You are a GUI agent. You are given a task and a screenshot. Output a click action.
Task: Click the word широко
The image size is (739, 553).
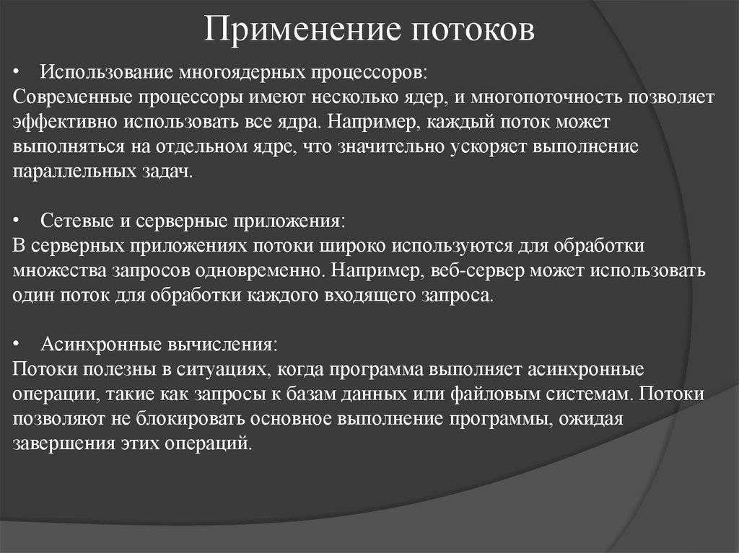pos(351,245)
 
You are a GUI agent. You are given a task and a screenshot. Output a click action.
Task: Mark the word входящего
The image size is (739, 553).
pos(335,296)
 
